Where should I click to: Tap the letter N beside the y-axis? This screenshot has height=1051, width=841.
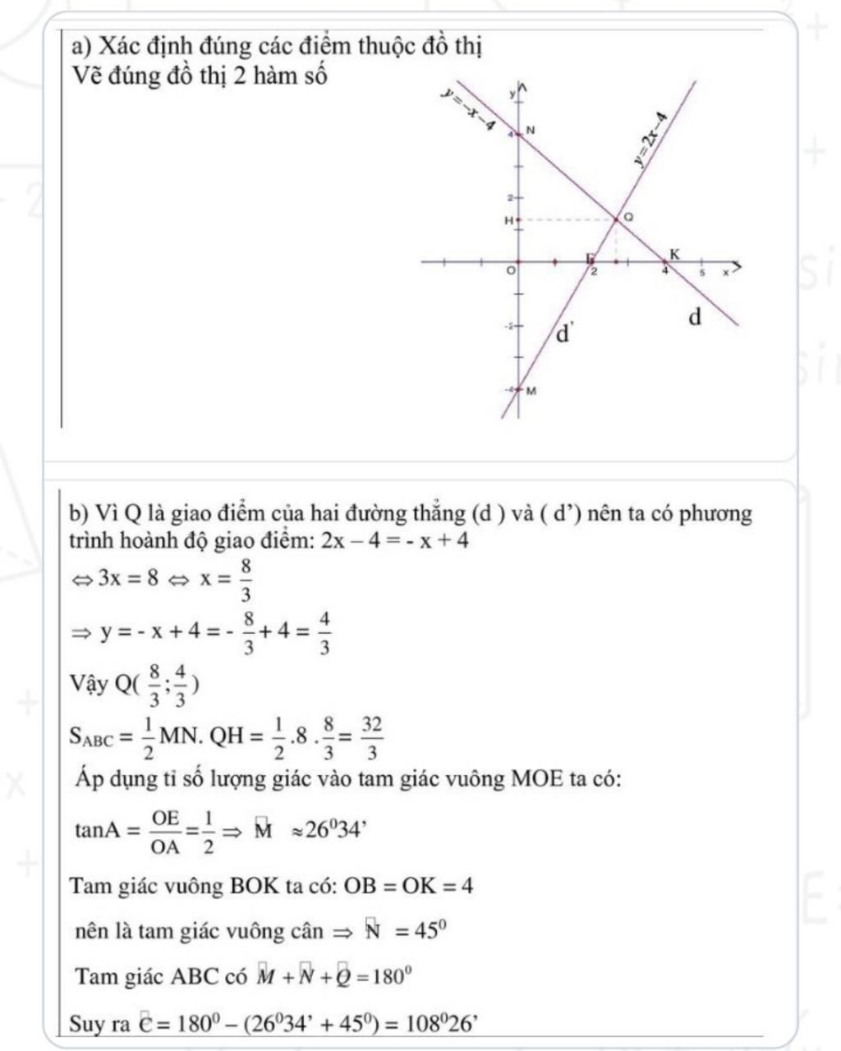[530, 131]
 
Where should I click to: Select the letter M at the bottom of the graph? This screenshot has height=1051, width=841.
[531, 391]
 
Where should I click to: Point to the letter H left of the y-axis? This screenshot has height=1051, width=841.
[508, 220]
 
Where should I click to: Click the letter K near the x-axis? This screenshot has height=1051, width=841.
[675, 255]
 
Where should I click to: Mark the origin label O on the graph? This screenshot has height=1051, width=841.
[511, 271]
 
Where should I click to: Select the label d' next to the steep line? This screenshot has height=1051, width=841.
[564, 334]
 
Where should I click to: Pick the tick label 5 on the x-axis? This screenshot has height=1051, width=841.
[702, 272]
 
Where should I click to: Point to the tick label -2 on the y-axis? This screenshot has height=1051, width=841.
[508, 327]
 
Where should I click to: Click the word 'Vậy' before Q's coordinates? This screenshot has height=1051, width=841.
[89, 684]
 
